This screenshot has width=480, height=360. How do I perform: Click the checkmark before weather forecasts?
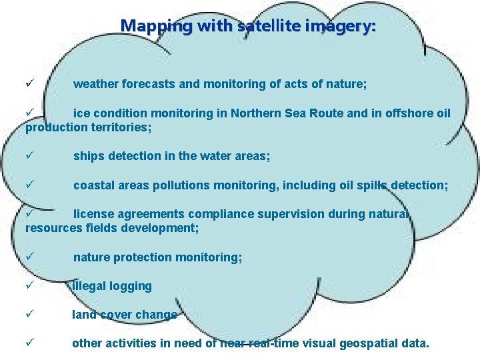click(30, 85)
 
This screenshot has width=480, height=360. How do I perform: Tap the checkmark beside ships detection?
click(30, 156)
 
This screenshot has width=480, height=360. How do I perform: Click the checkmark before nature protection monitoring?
click(30, 257)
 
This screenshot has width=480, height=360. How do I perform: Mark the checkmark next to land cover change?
click(30, 315)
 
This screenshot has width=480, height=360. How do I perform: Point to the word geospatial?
click(371, 344)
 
